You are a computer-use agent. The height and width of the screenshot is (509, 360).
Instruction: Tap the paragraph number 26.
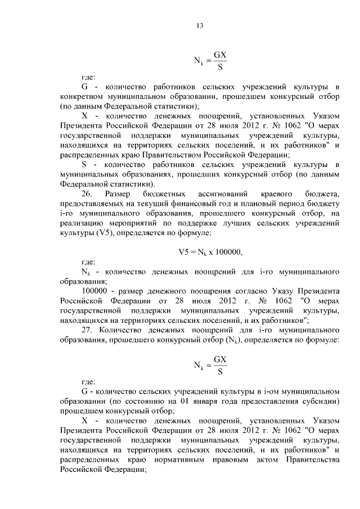pos(87,193)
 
